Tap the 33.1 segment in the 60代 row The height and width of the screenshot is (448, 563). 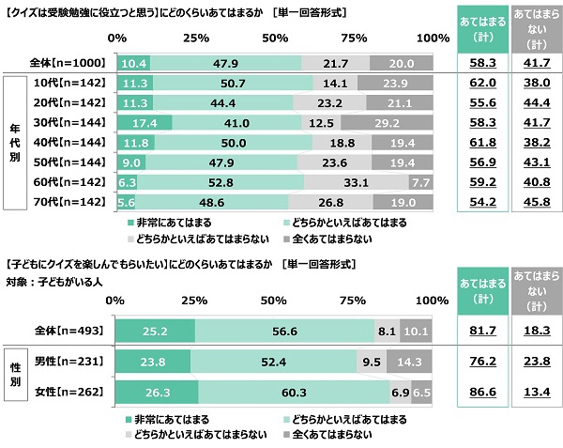click(355, 182)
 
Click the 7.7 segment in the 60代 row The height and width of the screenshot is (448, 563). click(420, 182)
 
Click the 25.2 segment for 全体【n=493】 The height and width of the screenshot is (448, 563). click(155, 331)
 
